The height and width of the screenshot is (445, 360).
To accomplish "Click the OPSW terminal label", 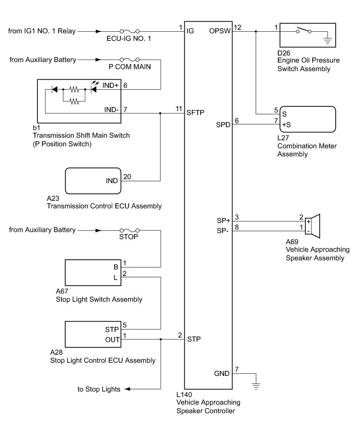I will tap(220, 31).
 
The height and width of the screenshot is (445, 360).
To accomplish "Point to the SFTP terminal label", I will tap(195, 114).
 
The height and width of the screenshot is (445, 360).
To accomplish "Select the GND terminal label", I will tap(221, 374).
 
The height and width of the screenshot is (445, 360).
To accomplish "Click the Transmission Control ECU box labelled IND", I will tap(93, 181).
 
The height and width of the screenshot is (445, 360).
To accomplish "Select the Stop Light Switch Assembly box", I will tap(93, 273).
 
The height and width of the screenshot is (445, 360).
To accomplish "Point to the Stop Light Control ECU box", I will tap(93, 334).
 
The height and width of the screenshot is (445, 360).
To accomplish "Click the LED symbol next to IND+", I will tap(94, 90).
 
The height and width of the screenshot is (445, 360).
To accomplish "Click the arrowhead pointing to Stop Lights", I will tap(127, 389).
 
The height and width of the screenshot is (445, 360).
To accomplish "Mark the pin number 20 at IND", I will tap(127, 177).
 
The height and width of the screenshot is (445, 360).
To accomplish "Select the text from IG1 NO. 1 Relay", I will tap(42, 31).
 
